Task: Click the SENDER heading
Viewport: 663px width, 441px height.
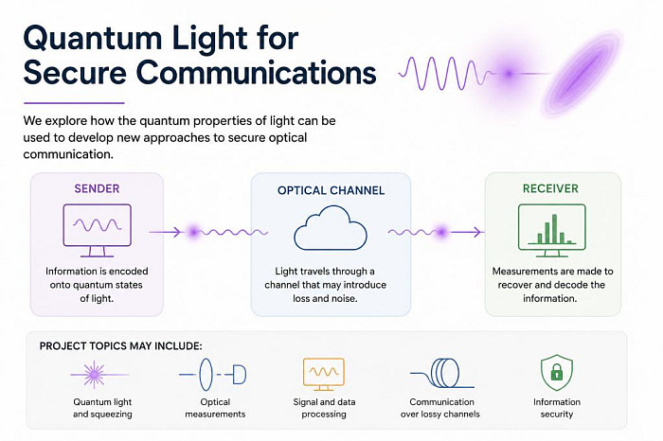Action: (97, 188)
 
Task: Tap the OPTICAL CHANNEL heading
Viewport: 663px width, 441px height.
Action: (331, 190)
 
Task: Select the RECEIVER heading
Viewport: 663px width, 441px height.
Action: (550, 188)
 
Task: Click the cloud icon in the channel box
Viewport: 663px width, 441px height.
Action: (331, 228)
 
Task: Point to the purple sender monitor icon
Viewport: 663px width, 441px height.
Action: (98, 230)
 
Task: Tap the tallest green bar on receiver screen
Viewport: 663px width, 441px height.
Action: (554, 229)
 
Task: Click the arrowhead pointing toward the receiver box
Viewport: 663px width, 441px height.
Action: (477, 232)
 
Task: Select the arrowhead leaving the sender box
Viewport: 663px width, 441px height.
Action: (178, 232)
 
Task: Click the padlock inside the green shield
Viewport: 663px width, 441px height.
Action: (557, 372)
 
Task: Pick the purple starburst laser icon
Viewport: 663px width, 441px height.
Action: (95, 374)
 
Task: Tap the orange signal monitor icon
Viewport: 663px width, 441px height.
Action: (324, 374)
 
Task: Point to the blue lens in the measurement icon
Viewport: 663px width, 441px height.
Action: (206, 374)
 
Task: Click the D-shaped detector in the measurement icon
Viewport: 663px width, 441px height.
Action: (240, 375)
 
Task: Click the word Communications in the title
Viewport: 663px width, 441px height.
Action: (257, 72)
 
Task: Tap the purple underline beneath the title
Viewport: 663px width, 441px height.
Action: (74, 102)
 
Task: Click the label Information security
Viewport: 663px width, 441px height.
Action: (557, 408)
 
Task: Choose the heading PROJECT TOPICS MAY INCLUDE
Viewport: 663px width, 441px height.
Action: (121, 346)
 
